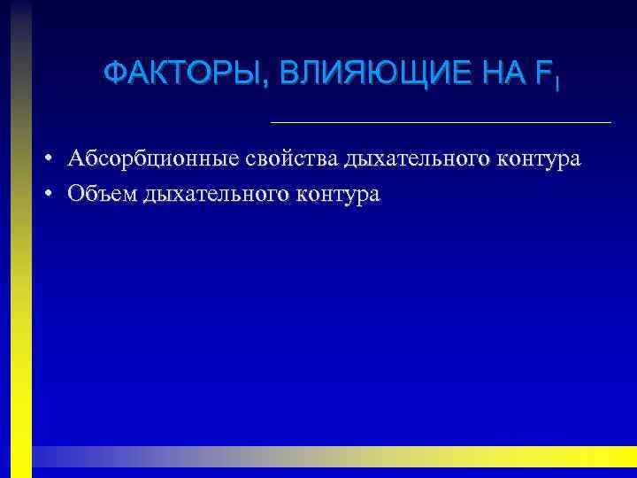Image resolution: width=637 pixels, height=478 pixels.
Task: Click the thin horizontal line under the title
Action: pos(440,121)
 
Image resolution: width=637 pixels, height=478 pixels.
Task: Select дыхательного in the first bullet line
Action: pos(418,160)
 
